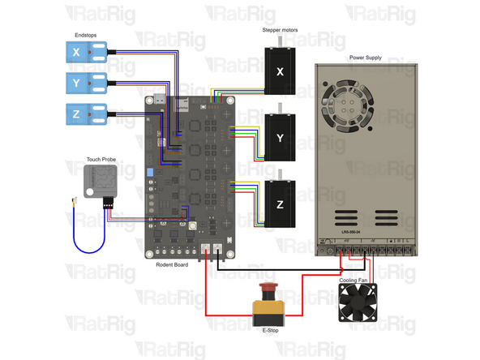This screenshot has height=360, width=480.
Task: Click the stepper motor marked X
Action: click(x=280, y=71)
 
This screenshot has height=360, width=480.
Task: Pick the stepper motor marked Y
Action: click(x=280, y=138)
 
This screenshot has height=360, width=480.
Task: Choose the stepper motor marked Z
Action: click(x=280, y=204)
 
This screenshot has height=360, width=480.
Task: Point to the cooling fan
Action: click(x=358, y=303)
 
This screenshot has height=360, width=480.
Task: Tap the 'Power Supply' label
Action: click(x=366, y=58)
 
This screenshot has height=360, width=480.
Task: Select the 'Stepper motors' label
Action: click(x=280, y=30)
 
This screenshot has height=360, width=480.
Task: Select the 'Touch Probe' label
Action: click(x=103, y=160)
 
